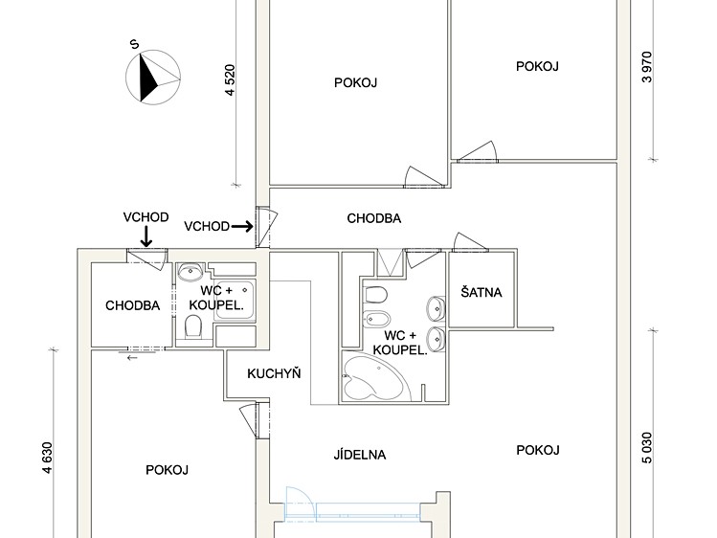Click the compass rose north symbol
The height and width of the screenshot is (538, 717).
click(x=153, y=78)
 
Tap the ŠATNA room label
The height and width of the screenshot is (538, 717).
click(x=482, y=292)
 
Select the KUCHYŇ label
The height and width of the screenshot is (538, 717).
click(x=274, y=373)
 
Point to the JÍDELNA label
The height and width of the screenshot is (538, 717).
click(x=360, y=455)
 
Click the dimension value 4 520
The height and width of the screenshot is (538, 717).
click(x=230, y=80)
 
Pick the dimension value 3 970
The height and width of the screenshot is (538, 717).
click(x=647, y=67)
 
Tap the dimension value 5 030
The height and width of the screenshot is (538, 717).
click(x=647, y=448)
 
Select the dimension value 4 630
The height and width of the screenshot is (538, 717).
click(x=48, y=458)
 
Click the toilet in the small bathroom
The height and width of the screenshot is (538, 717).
click(x=194, y=325)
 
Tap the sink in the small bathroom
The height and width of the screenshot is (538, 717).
click(x=190, y=272)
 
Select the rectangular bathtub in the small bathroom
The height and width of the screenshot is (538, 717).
click(x=235, y=301)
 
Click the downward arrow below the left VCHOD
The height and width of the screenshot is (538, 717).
click(x=146, y=236)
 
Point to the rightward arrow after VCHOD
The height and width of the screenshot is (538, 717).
click(x=242, y=226)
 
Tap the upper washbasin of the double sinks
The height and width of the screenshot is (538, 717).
click(x=436, y=308)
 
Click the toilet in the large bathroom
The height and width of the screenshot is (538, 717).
click(x=376, y=295)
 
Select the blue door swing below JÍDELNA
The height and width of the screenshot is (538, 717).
click(x=301, y=504)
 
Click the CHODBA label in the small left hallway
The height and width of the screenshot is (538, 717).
click(x=133, y=305)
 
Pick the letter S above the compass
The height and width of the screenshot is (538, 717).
click(x=134, y=44)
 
